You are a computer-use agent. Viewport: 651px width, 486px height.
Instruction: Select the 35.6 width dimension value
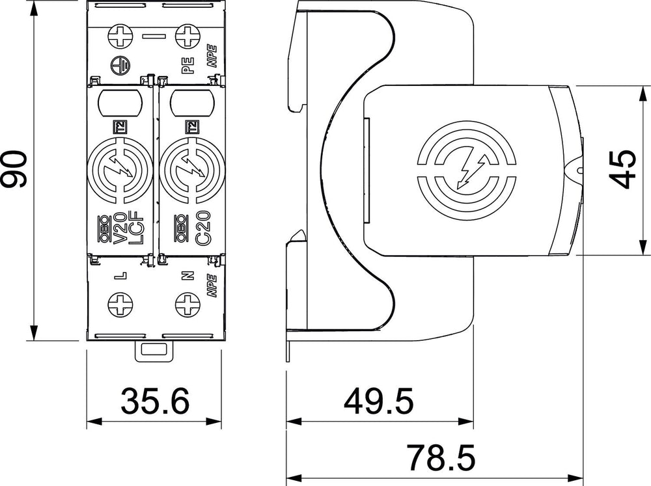(x=155, y=401)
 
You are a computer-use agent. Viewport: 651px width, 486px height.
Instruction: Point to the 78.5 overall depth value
(x=440, y=458)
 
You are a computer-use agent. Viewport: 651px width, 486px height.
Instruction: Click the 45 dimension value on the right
(x=622, y=169)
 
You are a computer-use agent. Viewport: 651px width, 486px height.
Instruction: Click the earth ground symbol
(x=121, y=66)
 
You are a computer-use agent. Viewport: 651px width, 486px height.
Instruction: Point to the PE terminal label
(x=188, y=66)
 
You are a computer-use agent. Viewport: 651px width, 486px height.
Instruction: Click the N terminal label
(x=188, y=275)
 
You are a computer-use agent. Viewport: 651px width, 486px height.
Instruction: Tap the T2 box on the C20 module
(x=191, y=127)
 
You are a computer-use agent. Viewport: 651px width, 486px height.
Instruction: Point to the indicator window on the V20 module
(x=120, y=103)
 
